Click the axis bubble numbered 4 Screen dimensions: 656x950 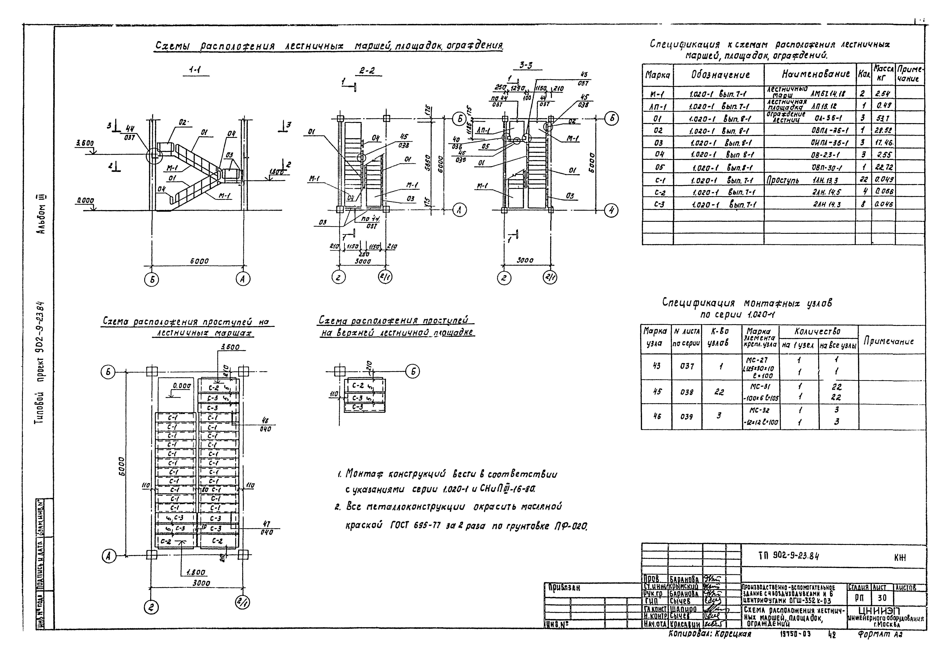point(612,210)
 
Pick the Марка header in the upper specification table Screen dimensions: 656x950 point(657,75)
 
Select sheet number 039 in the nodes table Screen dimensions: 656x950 point(686,416)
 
